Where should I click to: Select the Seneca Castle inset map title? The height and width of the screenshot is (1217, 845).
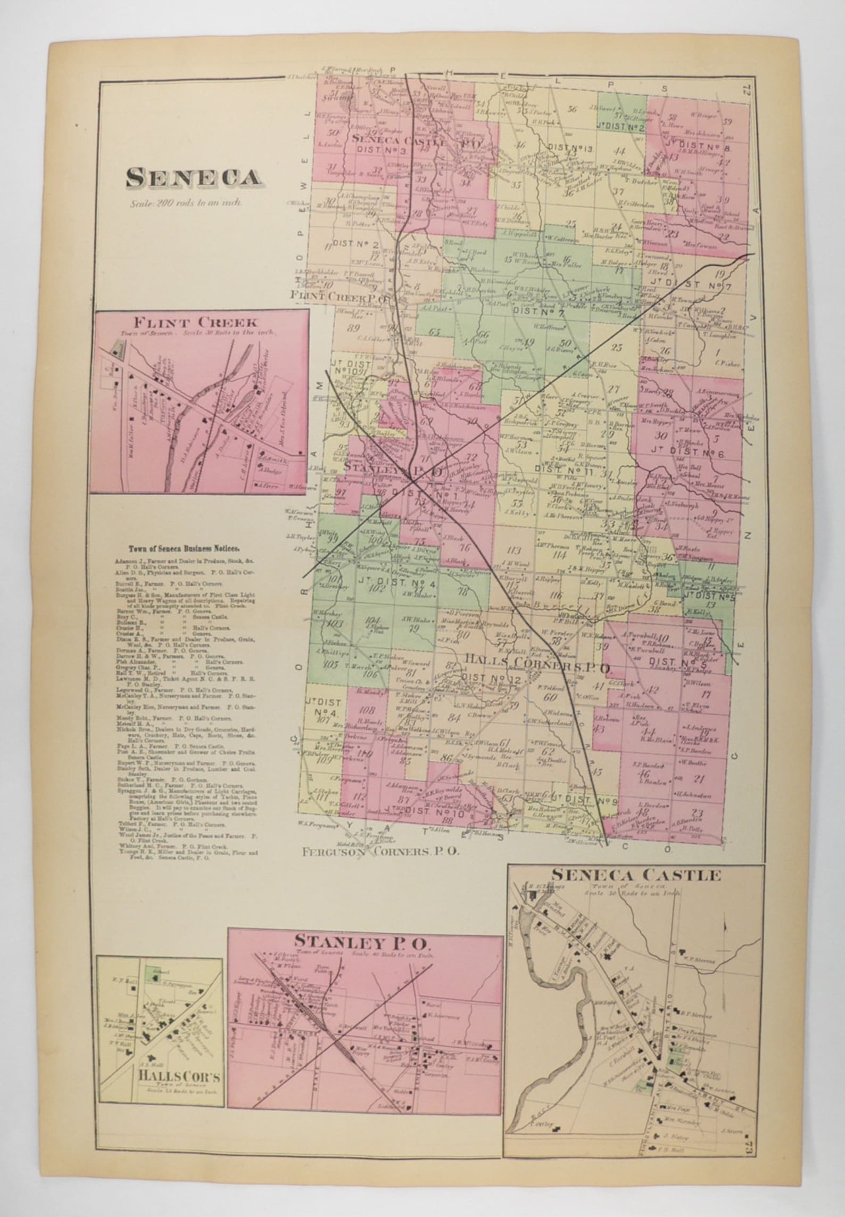pyautogui.click(x=636, y=875)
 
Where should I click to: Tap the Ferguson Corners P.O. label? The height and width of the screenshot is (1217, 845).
pyautogui.click(x=380, y=851)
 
